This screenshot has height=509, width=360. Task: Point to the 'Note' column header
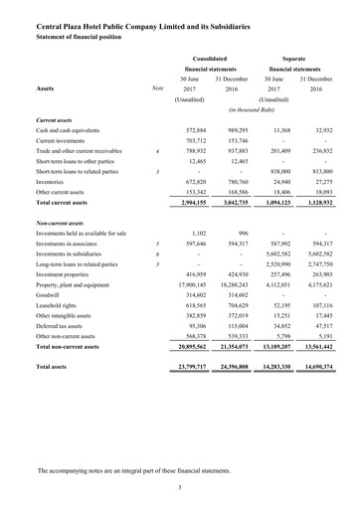(157, 88)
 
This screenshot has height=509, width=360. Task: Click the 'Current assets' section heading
(61, 120)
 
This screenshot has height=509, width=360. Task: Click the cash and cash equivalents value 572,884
(189, 130)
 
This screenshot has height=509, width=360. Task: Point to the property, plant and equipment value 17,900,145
(185, 285)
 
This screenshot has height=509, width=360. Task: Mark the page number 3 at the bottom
(179, 487)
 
